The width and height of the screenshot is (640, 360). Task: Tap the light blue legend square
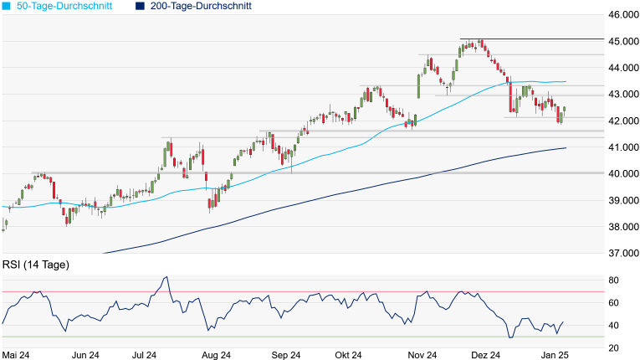point(7,6)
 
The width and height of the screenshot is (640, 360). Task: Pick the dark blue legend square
point(141,6)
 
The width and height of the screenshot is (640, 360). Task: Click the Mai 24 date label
point(18,355)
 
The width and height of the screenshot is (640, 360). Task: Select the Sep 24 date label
point(285,355)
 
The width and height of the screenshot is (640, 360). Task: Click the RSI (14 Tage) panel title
point(36,265)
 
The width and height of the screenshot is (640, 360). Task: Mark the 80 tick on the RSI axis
point(613,280)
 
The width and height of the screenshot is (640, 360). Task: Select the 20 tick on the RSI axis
point(613,348)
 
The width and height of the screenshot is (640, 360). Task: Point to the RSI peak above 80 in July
point(166,277)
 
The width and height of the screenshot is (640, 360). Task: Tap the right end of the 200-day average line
point(566,148)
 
